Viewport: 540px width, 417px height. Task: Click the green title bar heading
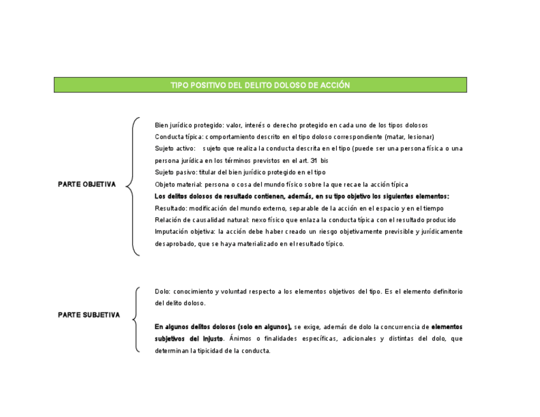click(x=260, y=85)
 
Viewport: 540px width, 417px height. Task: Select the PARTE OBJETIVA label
click(x=87, y=185)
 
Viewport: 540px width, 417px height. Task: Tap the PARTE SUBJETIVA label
click(x=89, y=315)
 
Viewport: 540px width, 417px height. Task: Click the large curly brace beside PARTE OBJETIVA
click(x=132, y=187)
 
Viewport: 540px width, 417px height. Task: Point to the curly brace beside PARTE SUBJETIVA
click(x=135, y=318)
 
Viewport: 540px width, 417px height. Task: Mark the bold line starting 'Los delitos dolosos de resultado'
click(x=302, y=196)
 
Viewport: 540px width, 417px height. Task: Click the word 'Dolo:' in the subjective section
click(x=162, y=292)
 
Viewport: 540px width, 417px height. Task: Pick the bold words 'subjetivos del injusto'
click(x=189, y=338)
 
